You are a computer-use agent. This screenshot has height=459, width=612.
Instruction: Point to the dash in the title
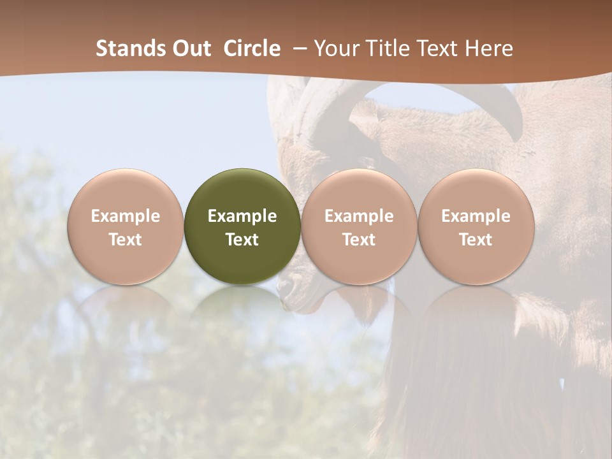(x=297, y=48)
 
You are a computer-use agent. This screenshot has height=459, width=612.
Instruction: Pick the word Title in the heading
(x=385, y=48)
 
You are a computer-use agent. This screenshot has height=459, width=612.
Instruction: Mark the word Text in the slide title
(x=435, y=48)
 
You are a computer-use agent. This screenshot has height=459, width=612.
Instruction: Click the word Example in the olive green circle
(x=242, y=216)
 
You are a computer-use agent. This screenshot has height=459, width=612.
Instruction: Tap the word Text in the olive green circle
(x=242, y=240)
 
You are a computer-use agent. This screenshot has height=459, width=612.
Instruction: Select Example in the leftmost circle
(x=125, y=216)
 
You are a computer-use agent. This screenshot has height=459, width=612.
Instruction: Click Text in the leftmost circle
(x=125, y=240)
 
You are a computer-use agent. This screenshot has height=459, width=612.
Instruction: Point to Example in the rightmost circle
(x=476, y=216)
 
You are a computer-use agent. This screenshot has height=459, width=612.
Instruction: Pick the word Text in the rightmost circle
(x=476, y=240)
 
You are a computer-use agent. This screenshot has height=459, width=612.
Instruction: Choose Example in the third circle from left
(x=359, y=216)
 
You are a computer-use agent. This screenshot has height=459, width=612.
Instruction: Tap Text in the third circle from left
(x=359, y=240)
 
